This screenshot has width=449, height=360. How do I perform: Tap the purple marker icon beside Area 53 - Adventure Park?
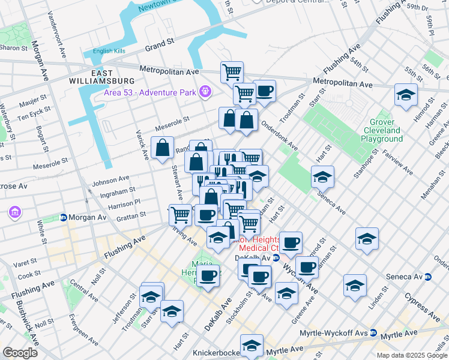[x=206, y=91]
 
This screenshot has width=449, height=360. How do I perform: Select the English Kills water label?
[x=109, y=51]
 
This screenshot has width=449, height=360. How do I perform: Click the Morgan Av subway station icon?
[x=63, y=217]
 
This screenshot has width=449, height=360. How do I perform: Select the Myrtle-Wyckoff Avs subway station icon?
[x=373, y=332]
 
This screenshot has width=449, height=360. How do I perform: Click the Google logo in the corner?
[x=20, y=352]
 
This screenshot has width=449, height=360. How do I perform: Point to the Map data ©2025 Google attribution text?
[x=412, y=355]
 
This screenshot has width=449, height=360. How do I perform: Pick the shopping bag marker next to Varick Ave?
[x=163, y=148]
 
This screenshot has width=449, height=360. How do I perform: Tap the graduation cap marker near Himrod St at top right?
[x=406, y=95]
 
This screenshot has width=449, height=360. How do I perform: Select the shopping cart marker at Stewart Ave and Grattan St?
[x=180, y=214]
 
